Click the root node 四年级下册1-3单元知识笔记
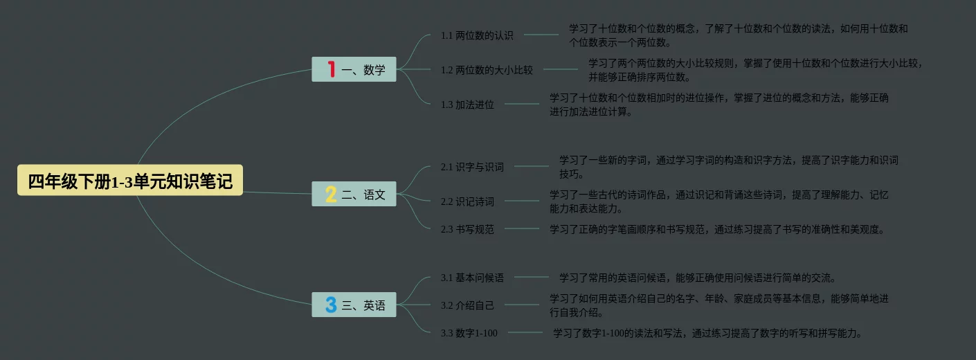pyautogui.click(x=130, y=181)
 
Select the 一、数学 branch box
pyautogui.click(x=354, y=69)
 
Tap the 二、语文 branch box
pyautogui.click(x=354, y=195)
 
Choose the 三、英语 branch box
pyautogui.click(x=354, y=305)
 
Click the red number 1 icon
pyautogui.click(x=332, y=69)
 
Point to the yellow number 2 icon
pyautogui.click(x=331, y=195)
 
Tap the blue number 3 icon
pyautogui.click(x=331, y=305)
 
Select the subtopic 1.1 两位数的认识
pyautogui.click(x=477, y=35)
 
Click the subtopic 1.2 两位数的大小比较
pyautogui.click(x=487, y=70)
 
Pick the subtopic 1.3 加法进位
pyautogui.click(x=467, y=105)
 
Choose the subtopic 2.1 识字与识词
pyautogui.click(x=472, y=167)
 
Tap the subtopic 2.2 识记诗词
pyautogui.click(x=467, y=201)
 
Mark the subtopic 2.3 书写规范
pyautogui.click(x=467, y=229)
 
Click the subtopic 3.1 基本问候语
pyautogui.click(x=472, y=278)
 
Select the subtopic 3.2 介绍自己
pyautogui.click(x=467, y=305)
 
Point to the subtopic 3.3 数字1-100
pyautogui.click(x=469, y=333)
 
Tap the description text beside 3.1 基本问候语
pyautogui.click(x=698, y=278)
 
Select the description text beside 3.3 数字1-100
pyautogui.click(x=707, y=333)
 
